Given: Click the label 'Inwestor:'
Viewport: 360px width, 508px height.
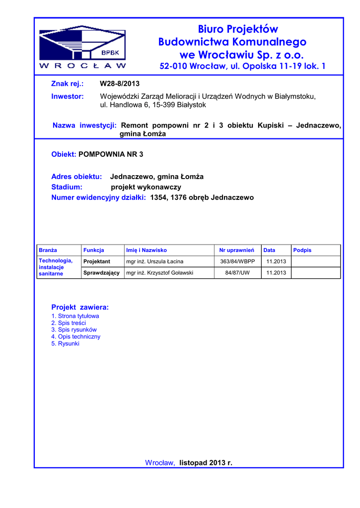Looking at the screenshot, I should [x=68, y=96].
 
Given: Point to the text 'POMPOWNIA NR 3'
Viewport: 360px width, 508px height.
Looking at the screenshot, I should [x=111, y=154].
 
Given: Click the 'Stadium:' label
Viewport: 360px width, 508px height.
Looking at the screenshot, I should [x=67, y=187].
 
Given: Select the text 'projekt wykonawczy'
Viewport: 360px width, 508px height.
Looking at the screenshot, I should [x=146, y=187].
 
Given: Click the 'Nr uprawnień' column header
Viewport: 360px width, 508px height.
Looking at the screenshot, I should [x=237, y=250].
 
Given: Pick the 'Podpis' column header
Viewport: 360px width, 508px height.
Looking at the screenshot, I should [x=302, y=250].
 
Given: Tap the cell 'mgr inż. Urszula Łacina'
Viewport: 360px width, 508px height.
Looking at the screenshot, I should [x=155, y=261].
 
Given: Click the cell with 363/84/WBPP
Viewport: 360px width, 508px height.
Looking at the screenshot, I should [x=237, y=261].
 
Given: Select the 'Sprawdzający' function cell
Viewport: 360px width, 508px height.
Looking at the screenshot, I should [x=101, y=273].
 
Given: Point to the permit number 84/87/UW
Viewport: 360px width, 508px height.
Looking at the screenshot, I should [x=237, y=273].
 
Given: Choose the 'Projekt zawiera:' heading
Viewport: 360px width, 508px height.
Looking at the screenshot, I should [x=80, y=307].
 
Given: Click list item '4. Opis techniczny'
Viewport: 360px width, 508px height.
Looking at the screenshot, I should [x=76, y=336].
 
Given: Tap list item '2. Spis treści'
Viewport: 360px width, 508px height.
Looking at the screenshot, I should [x=69, y=323].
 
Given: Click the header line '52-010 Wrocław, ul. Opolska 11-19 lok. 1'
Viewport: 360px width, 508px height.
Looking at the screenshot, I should [x=242, y=66].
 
